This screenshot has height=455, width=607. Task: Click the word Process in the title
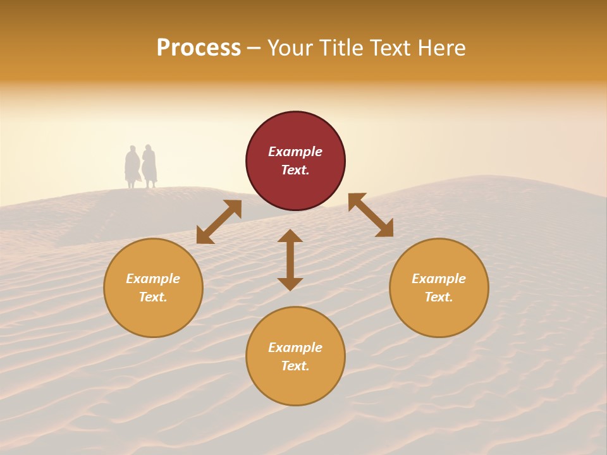[x=199, y=48]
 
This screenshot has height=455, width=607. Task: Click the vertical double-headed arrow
[x=290, y=260]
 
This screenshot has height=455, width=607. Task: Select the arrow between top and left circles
[x=219, y=222]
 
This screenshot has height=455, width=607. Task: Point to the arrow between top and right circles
[x=371, y=215]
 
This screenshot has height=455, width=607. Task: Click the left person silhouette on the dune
[x=132, y=167]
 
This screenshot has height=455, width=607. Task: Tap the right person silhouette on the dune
[x=149, y=166]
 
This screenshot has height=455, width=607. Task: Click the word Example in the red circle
[x=295, y=152]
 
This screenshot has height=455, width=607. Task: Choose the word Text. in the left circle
[x=153, y=297]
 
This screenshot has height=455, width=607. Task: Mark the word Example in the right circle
[x=439, y=279]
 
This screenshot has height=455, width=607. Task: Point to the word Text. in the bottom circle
[x=295, y=366]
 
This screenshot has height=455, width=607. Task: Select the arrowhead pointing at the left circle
[x=204, y=236]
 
